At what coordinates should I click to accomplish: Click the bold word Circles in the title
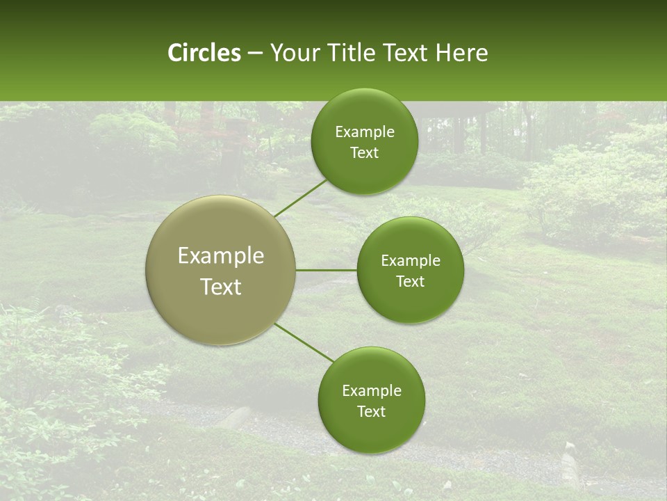(x=204, y=53)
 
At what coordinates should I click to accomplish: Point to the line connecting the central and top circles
(x=301, y=198)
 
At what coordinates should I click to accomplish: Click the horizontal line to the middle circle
(x=326, y=270)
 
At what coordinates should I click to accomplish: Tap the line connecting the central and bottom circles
(x=304, y=342)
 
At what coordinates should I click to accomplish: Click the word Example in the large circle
(x=221, y=256)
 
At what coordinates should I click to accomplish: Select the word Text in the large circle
(x=221, y=287)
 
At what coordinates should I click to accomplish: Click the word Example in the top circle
(x=364, y=132)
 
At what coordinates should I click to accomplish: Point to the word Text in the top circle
(x=364, y=153)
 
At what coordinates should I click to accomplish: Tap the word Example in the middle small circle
(x=410, y=261)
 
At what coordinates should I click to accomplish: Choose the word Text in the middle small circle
(x=410, y=282)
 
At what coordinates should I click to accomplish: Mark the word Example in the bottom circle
(x=371, y=391)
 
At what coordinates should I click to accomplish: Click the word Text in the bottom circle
(x=371, y=412)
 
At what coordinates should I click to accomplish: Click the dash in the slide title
(x=255, y=54)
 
